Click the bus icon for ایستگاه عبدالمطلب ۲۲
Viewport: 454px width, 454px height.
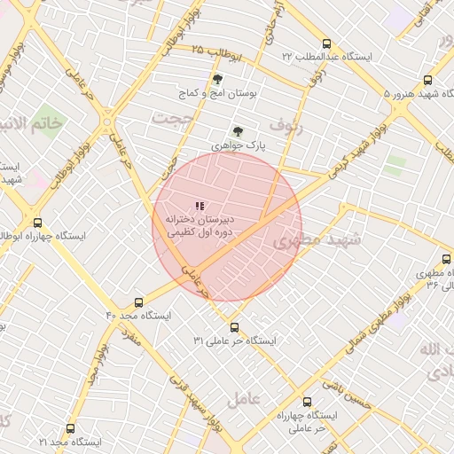(327, 43)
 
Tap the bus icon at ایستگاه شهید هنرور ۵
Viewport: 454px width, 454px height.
(429, 79)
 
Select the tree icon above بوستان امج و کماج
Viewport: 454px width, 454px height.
(217, 79)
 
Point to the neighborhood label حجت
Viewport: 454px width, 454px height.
(171, 117)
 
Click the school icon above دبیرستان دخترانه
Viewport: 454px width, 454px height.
(199, 206)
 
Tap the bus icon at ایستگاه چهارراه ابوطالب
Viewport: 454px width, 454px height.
(37, 223)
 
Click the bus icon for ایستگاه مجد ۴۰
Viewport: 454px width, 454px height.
(137, 302)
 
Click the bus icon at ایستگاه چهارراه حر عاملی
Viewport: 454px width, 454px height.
(307, 402)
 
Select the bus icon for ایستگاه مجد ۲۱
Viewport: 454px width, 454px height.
(70, 428)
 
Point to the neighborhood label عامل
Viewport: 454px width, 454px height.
(242, 400)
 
